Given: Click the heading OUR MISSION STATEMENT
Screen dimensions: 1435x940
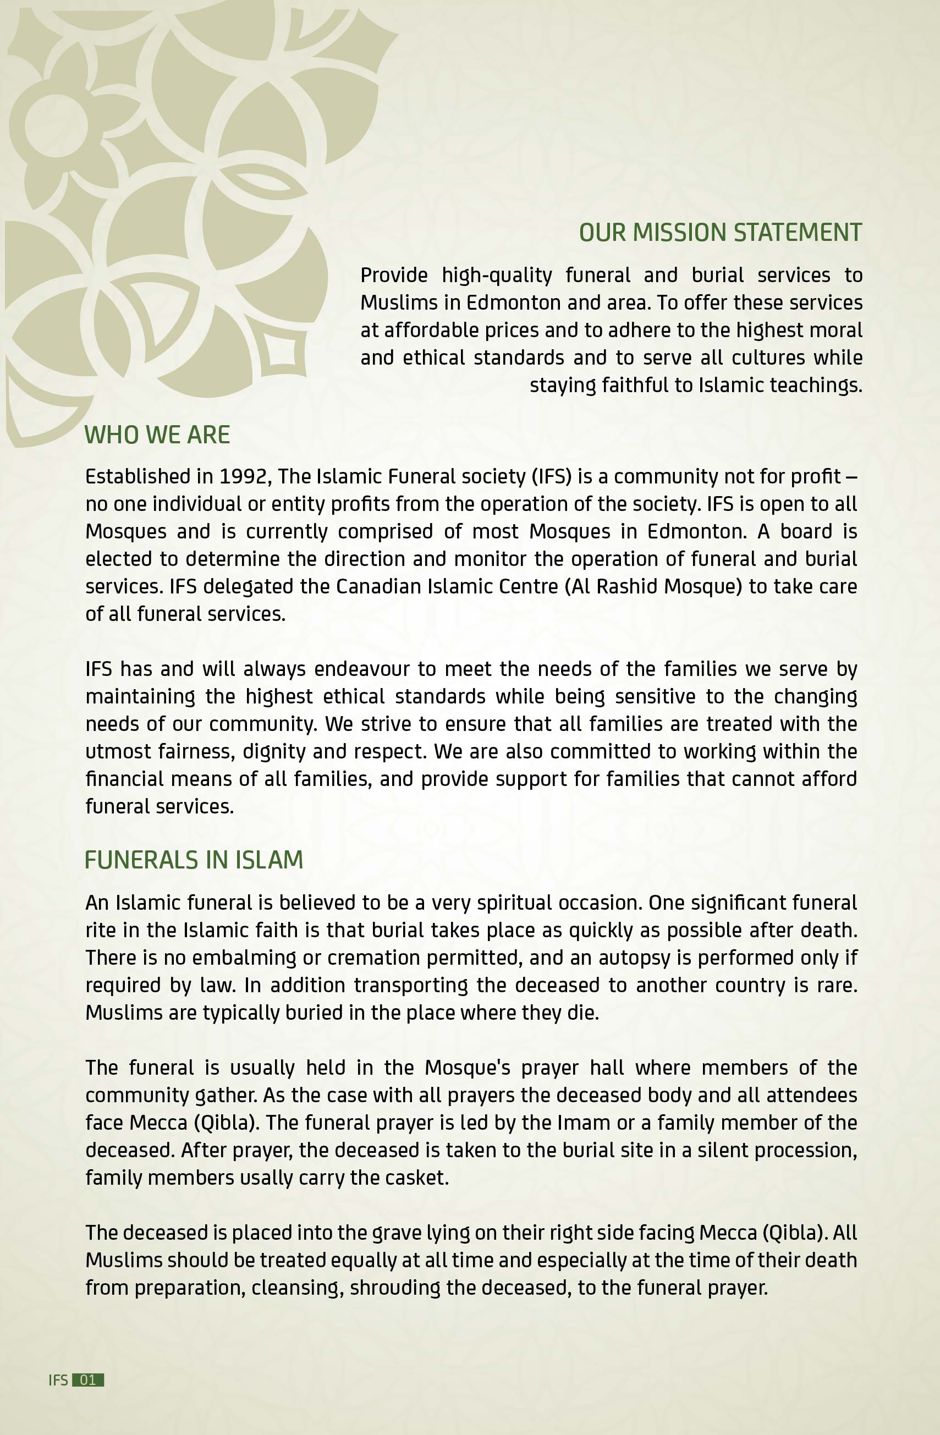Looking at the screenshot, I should click(720, 233).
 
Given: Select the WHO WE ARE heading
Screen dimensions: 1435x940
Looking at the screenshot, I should click(157, 435).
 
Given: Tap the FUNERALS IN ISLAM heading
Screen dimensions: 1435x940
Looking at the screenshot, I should click(194, 860).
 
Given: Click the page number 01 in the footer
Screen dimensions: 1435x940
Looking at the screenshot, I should click(87, 1379).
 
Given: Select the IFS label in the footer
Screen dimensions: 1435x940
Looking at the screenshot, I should click(58, 1379).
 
